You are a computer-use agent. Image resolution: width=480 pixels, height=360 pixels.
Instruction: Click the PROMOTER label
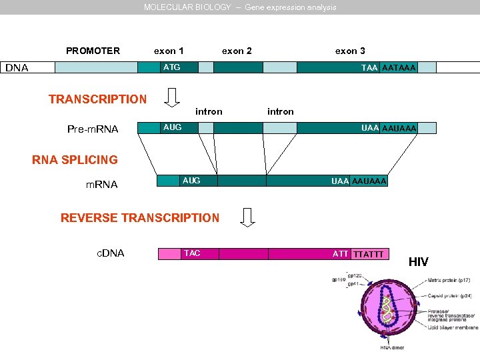point(93,51)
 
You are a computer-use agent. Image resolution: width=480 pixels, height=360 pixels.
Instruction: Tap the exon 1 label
point(169,51)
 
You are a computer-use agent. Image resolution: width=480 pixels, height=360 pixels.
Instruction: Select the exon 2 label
point(237,51)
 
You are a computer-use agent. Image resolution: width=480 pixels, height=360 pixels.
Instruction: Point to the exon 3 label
point(350,51)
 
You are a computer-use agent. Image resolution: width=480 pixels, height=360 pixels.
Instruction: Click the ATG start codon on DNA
point(171,67)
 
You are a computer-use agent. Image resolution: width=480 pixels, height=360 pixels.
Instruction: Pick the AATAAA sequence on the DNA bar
point(398,68)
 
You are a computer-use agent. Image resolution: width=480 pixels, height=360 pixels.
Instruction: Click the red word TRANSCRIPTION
point(97,99)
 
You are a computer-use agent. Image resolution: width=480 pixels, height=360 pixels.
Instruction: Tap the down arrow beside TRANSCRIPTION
point(172,97)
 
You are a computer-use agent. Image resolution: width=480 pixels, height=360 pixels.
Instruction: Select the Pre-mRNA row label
point(93,129)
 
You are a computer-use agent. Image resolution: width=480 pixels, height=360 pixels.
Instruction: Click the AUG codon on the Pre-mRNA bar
point(172,127)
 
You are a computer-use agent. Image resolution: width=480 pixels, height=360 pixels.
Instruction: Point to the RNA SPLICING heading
point(75,160)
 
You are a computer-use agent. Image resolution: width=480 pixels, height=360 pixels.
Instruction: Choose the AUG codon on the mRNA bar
point(191,181)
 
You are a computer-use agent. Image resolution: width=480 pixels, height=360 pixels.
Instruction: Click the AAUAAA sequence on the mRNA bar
point(369,181)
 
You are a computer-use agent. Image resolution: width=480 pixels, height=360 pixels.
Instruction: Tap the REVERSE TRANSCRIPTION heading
point(139,218)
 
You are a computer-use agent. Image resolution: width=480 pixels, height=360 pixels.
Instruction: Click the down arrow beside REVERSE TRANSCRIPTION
point(248,217)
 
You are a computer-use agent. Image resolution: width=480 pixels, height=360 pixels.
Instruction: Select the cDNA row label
point(111,253)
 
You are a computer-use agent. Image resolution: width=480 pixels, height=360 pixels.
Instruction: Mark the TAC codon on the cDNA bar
point(191,253)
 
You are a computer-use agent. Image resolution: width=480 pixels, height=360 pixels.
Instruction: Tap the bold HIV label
point(418,262)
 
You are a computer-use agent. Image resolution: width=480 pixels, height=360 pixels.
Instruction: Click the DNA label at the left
point(17,67)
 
